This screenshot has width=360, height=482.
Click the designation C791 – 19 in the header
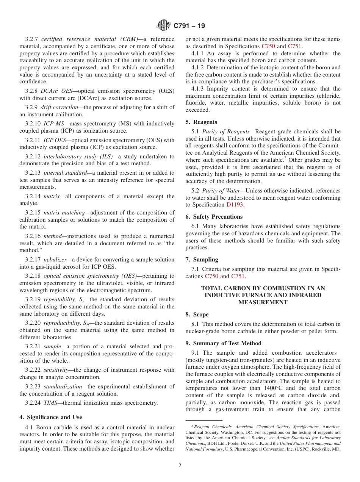[x=189, y=26]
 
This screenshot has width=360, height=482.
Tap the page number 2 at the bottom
[x=180, y=466]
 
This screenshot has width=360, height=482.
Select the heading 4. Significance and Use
[x=50, y=417]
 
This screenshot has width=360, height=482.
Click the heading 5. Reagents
[x=201, y=122]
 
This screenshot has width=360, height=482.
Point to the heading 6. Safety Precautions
[x=214, y=217]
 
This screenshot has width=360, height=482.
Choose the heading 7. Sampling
[x=202, y=260]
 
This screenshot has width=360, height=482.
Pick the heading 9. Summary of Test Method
[x=223, y=343]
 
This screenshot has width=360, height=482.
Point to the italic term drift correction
[x=60, y=107]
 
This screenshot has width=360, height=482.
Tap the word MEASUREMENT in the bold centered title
[x=263, y=302]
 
